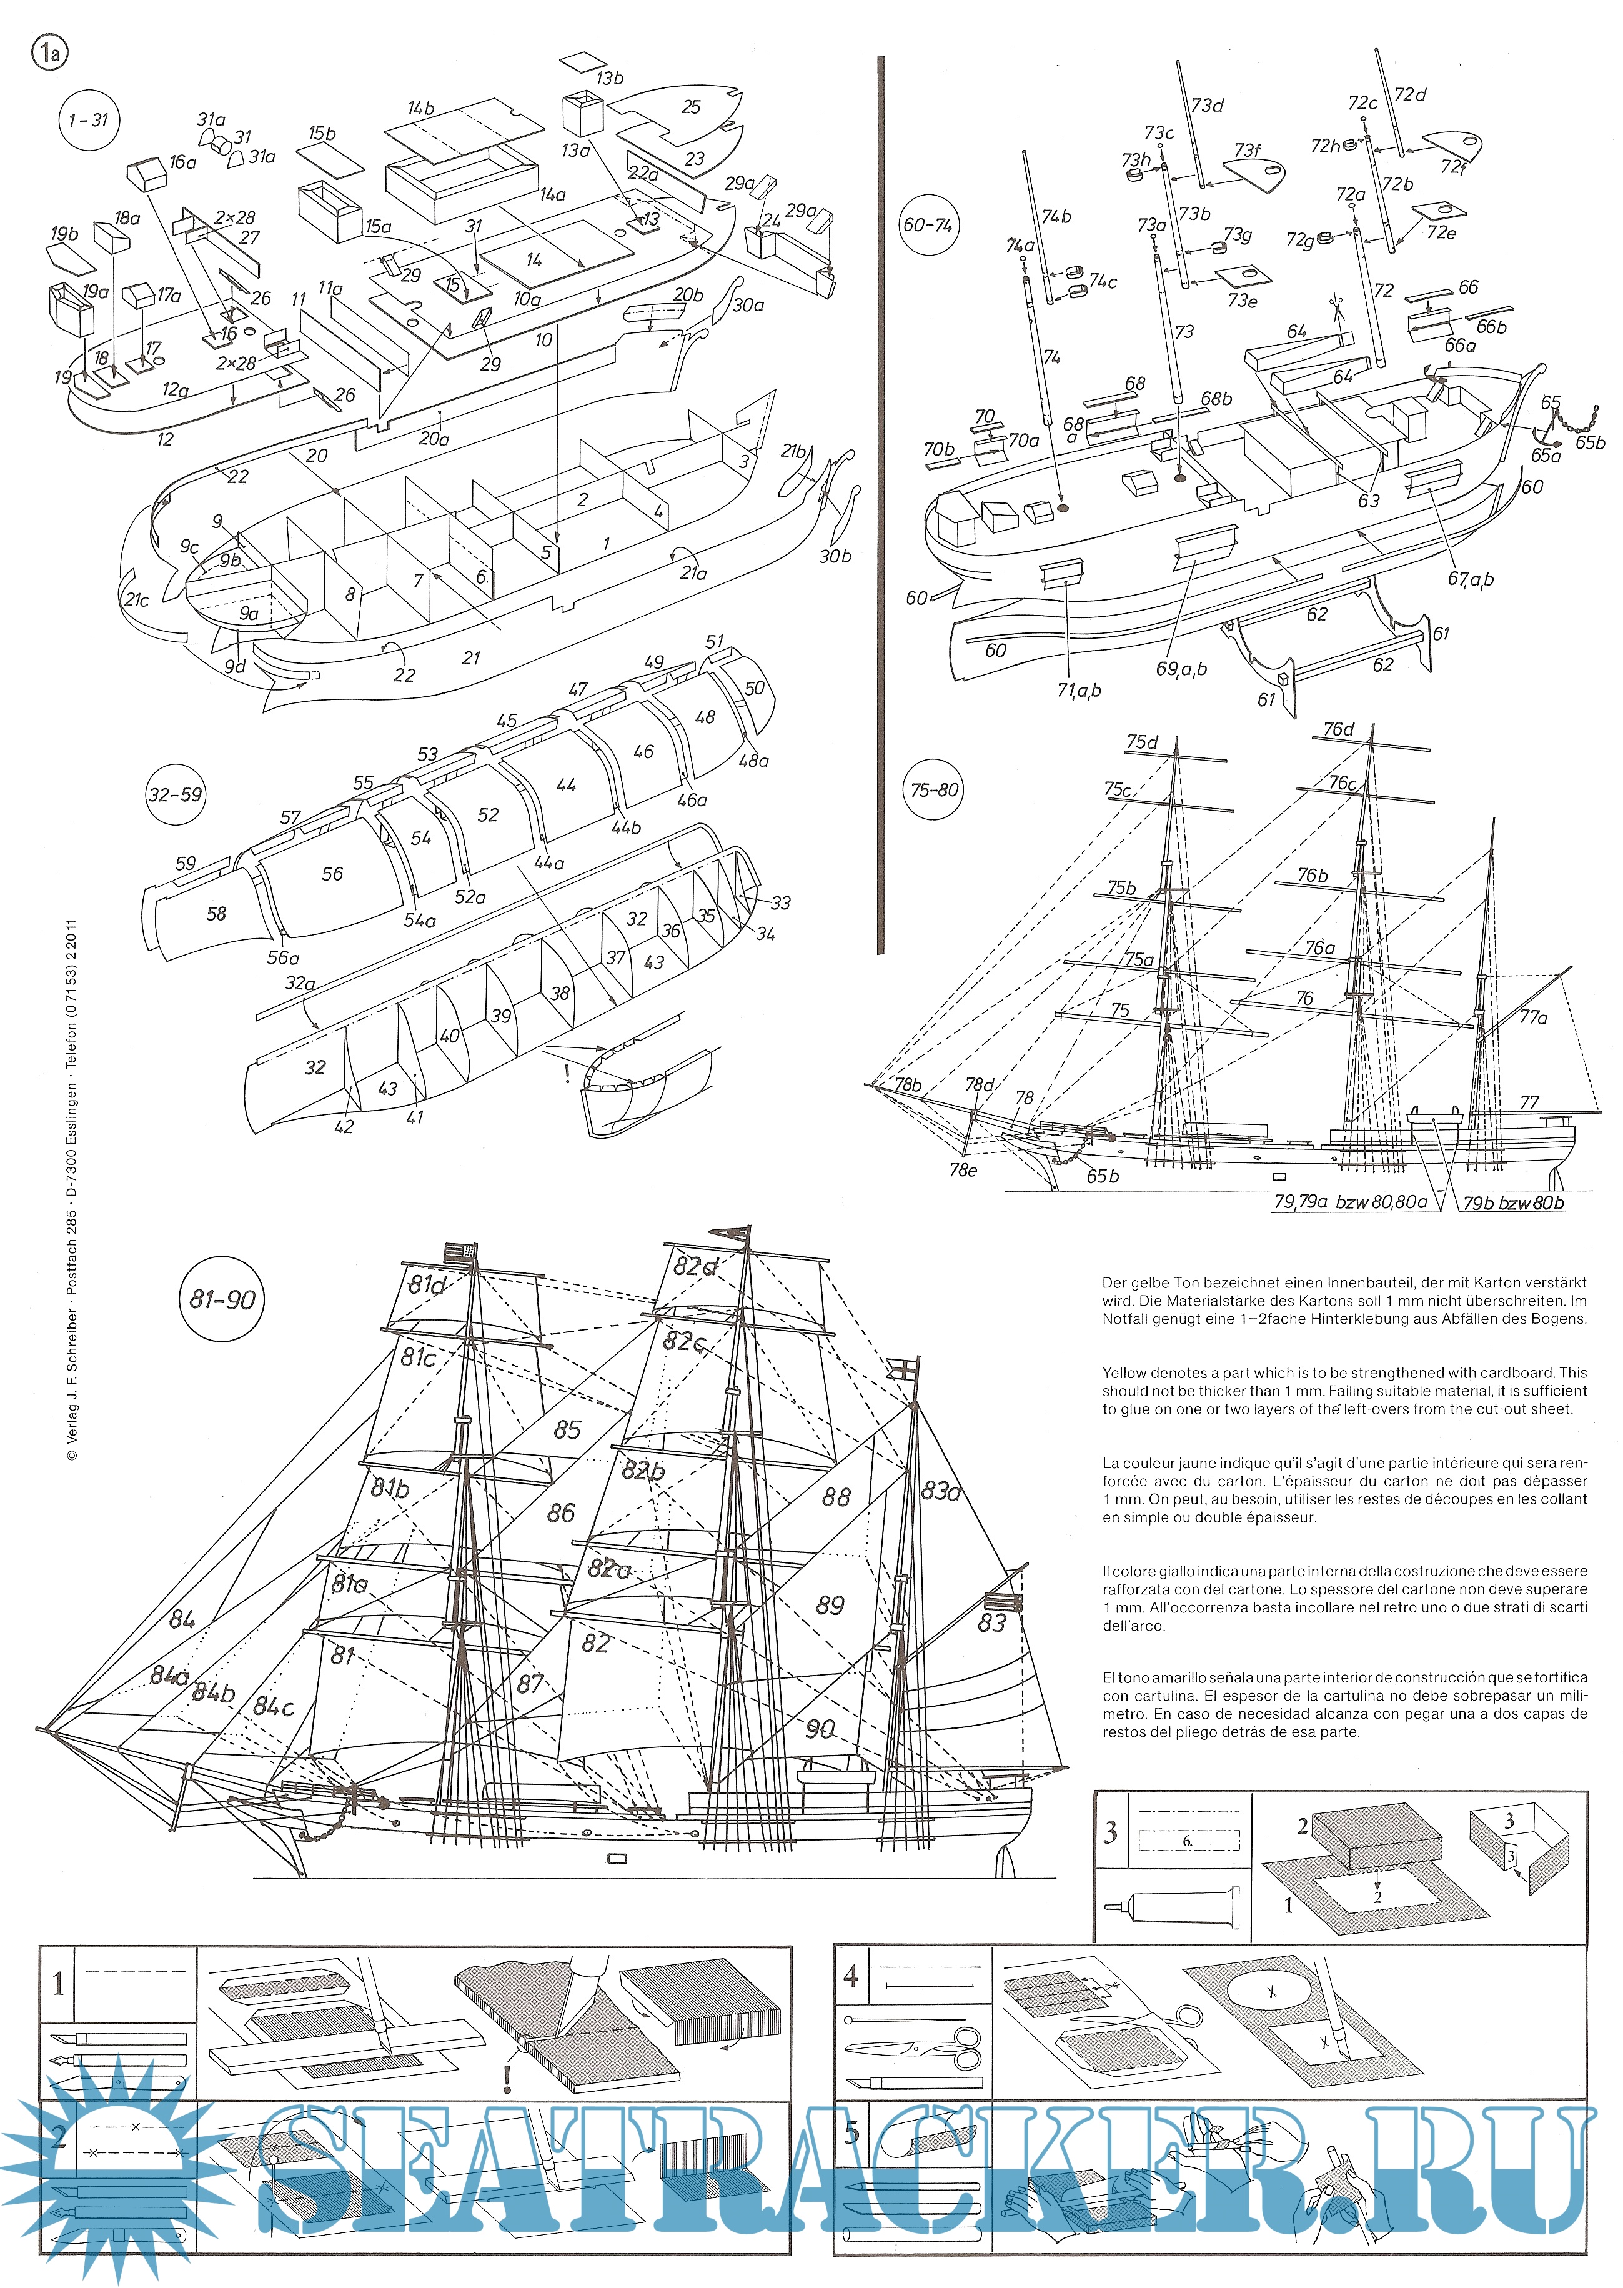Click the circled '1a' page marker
tap(50, 52)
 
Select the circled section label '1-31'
tap(89, 120)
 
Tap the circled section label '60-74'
tap(928, 225)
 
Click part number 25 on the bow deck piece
tap(690, 107)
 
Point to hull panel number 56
tap(332, 874)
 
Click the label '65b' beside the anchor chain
tap(1589, 442)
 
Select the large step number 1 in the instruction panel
tap(58, 1983)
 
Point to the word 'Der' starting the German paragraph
tap(1114, 1282)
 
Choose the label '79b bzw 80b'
tap(1513, 1202)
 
